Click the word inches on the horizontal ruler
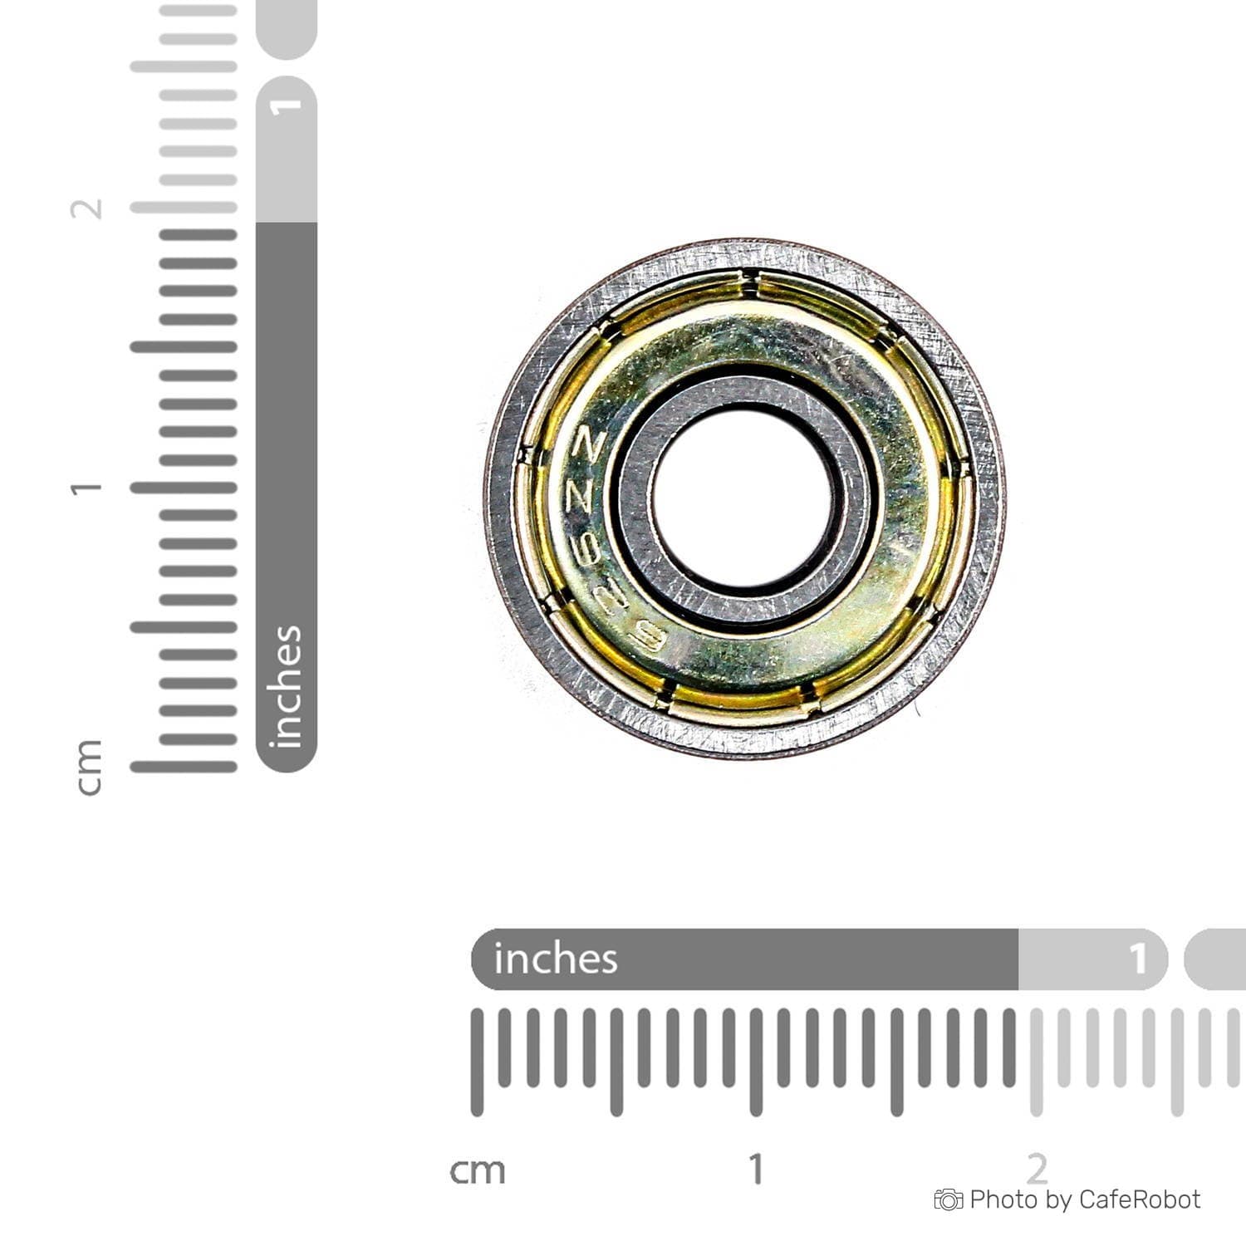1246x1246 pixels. tap(556, 959)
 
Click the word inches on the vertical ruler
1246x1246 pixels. tap(286, 686)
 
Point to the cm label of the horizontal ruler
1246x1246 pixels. tap(477, 1170)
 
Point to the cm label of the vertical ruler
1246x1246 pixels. tap(88, 767)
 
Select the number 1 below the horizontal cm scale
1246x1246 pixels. tap(756, 1169)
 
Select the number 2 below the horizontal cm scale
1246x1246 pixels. tap(1037, 1169)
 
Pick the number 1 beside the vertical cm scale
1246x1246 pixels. tap(86, 488)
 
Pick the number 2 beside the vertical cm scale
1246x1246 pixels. tap(86, 208)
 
